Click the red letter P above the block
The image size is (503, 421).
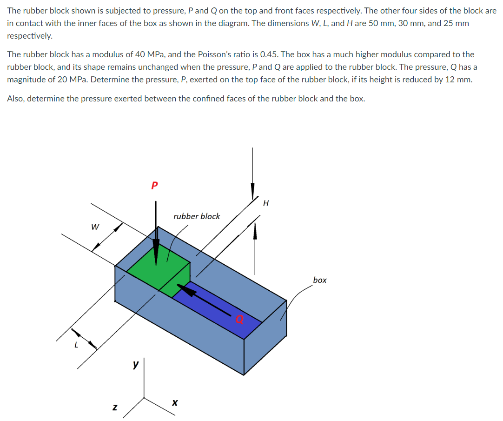click(x=155, y=186)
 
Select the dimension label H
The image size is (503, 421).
click(x=266, y=203)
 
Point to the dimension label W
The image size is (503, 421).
click(x=95, y=227)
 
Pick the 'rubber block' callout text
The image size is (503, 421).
click(x=197, y=216)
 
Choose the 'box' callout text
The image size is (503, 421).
click(x=320, y=280)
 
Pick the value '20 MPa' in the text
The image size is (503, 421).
click(x=72, y=79)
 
